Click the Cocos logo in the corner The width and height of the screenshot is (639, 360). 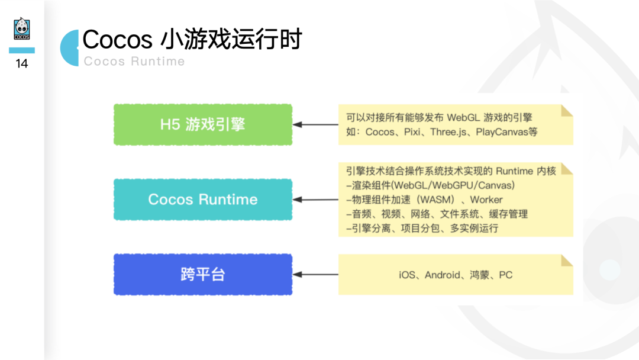point(22,29)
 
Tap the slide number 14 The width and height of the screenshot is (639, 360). point(22,63)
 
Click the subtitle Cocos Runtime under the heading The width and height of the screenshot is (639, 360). point(134,62)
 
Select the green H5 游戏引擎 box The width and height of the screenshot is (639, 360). point(202,124)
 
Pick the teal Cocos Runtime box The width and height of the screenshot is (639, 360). point(202,200)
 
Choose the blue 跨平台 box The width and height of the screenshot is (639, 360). point(202,274)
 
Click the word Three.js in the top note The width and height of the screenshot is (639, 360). point(450,132)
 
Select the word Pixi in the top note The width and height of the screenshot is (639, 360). point(412,132)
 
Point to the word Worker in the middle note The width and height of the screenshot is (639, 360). point(486,200)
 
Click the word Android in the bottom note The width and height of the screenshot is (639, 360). point(442,275)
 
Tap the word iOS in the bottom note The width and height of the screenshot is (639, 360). point(407,275)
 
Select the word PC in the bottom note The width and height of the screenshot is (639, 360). point(505,275)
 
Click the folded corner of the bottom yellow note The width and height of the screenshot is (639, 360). point(567,260)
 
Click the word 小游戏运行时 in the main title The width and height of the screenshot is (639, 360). point(231,39)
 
